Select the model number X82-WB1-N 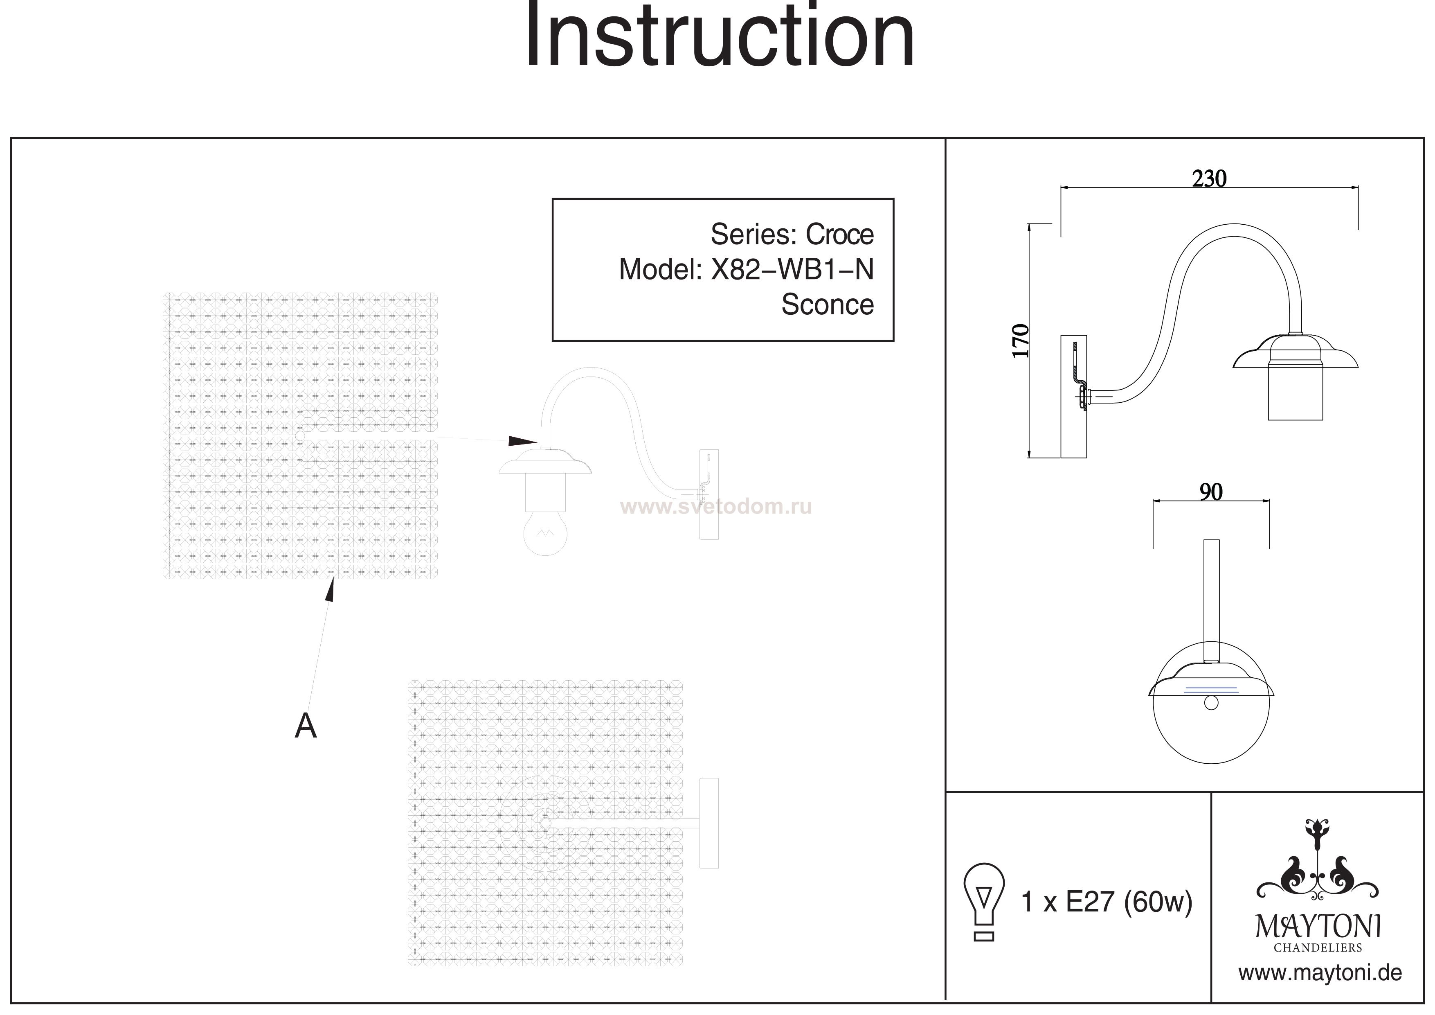pos(792,270)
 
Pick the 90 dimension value pos(1210,493)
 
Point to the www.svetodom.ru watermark pos(715,506)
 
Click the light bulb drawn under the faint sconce pos(545,533)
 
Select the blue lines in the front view pos(1210,689)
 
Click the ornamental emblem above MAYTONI pos(1318,869)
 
